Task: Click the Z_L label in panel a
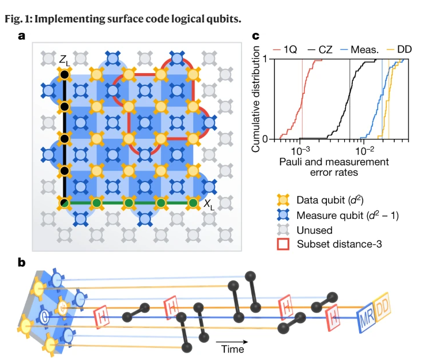[x=65, y=60]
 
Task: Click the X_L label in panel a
[x=209, y=204]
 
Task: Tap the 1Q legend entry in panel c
[x=285, y=50]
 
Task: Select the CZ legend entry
[x=321, y=50]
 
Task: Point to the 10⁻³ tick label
[x=300, y=151]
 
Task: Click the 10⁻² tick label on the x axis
[x=364, y=151]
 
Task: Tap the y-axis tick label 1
[x=265, y=59]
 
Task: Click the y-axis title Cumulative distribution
[x=255, y=99]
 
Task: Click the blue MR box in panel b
[x=366, y=317]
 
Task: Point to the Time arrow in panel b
[x=232, y=342]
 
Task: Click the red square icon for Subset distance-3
[x=283, y=244]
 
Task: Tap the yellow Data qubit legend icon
[x=283, y=200]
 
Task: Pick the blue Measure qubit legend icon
[x=283, y=215]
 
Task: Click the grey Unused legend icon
[x=283, y=230]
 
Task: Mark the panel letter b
[x=21, y=263]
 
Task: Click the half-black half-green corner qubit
[x=65, y=203]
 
